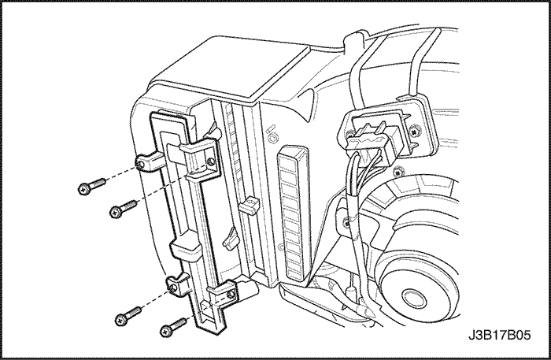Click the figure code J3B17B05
[x=499, y=335]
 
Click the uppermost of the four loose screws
[x=92, y=186]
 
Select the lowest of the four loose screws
[x=173, y=327]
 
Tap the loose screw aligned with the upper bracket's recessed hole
[x=124, y=209]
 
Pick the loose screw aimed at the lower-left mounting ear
[x=128, y=316]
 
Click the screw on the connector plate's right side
[x=416, y=132]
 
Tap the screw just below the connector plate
[x=398, y=172]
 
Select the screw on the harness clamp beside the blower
[x=347, y=222]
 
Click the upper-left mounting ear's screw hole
[x=140, y=165]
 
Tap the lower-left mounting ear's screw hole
[x=172, y=288]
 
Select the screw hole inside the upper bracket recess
[x=211, y=161]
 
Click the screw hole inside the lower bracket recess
[x=231, y=294]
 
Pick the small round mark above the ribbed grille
[x=272, y=138]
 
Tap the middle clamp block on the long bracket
[x=186, y=248]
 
